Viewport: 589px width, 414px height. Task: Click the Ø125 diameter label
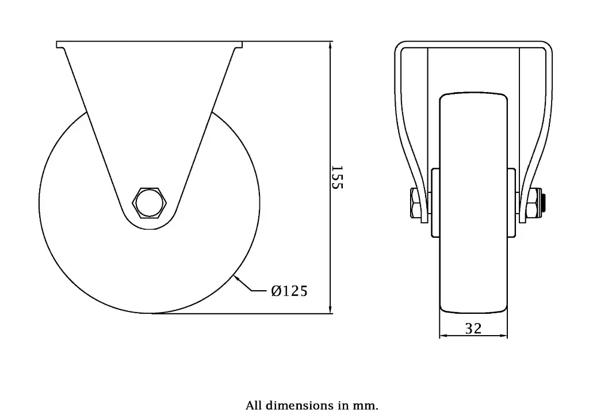tap(289, 291)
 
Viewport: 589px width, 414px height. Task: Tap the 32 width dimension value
tap(473, 328)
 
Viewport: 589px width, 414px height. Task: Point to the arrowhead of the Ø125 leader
tap(236, 279)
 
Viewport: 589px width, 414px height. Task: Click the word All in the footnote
tap(254, 405)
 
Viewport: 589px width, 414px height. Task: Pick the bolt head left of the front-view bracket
tap(415, 204)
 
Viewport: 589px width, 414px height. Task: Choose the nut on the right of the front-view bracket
tap(534, 204)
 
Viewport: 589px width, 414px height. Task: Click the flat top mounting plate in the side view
tap(150, 44)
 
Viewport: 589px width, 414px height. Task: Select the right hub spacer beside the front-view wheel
tap(511, 202)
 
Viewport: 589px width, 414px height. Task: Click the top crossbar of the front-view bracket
tap(473, 44)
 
